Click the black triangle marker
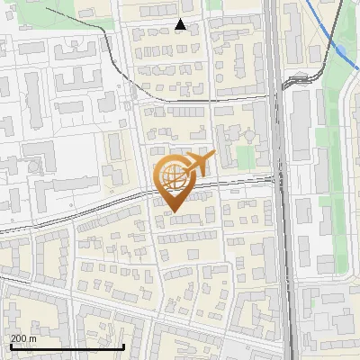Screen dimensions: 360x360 pyautogui.click(x=181, y=25)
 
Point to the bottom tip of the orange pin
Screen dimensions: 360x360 pyautogui.click(x=173, y=211)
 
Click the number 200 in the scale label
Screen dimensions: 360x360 pyautogui.click(x=18, y=338)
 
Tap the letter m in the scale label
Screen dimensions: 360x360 pyautogui.click(x=32, y=338)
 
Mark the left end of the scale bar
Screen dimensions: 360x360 pyautogui.click(x=11, y=346)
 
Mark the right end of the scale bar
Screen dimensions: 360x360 pyautogui.click(x=123, y=346)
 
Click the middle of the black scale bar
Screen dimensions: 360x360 pyautogui.click(x=67, y=346)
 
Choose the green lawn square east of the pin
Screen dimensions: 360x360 pyautogui.click(x=246, y=157)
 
